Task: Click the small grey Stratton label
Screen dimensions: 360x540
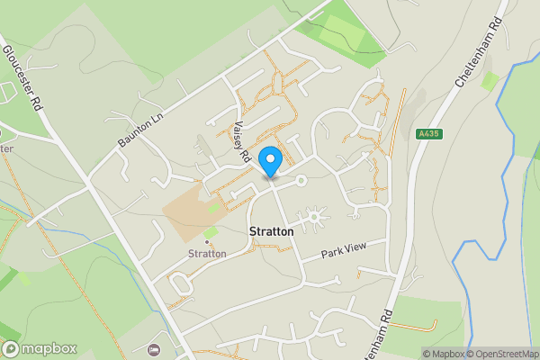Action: tap(207, 254)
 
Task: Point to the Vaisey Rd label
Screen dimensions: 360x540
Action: tap(240, 142)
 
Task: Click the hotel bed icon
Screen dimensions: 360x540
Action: tap(152, 348)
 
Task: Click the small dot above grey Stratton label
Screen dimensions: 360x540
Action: tap(207, 242)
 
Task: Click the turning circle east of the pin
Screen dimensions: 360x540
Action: tap(302, 181)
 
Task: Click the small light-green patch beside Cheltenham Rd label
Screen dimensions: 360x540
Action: tap(490, 81)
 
